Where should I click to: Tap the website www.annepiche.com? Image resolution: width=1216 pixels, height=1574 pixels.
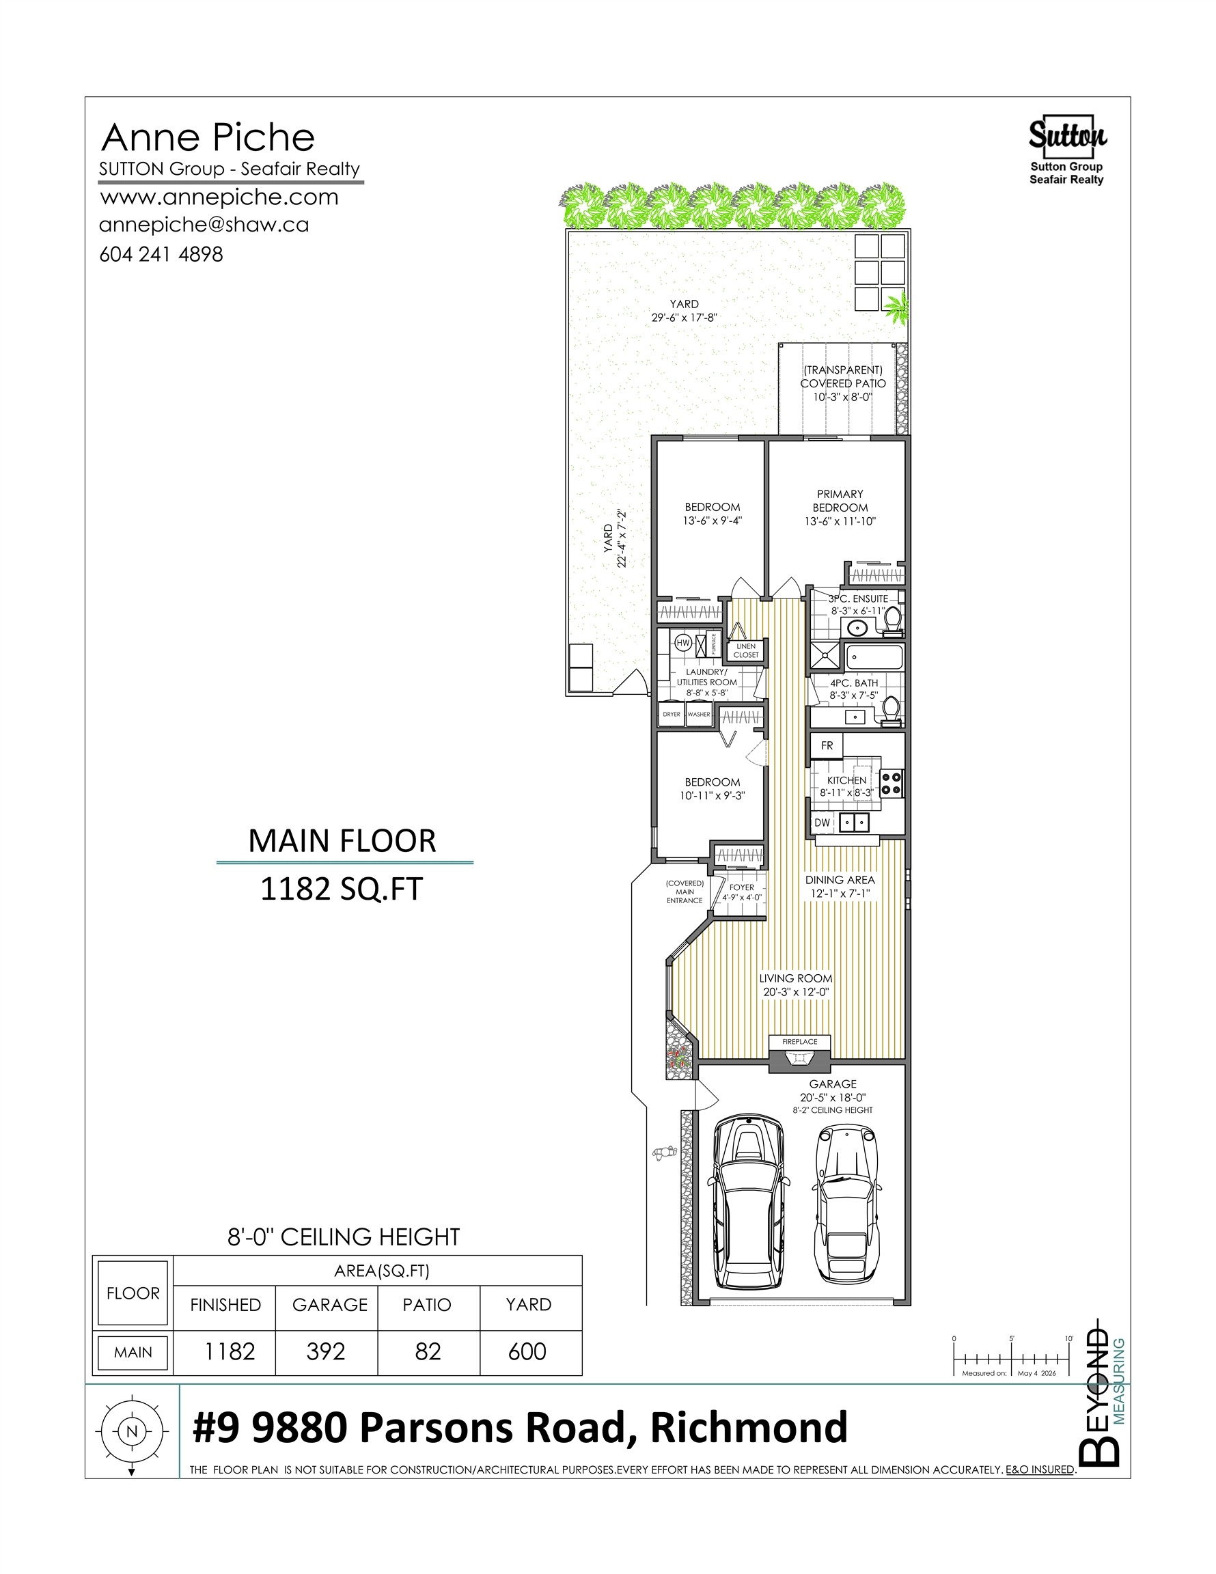tap(219, 197)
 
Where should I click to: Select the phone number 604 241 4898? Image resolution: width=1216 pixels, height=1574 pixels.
tap(161, 254)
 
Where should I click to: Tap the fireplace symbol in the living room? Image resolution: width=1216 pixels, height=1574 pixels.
tap(799, 1061)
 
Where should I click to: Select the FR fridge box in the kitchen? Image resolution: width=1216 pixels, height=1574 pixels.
tap(827, 746)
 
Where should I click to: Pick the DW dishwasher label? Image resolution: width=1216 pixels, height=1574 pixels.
tap(823, 823)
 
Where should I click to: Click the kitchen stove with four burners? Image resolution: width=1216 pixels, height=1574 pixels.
tap(892, 784)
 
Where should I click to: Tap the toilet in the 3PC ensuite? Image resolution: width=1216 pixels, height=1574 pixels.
tap(892, 621)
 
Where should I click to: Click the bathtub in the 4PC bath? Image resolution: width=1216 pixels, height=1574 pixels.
tap(874, 657)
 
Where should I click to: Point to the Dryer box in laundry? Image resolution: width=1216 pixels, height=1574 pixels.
tap(672, 713)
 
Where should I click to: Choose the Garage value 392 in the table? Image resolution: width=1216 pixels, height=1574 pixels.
tap(326, 1351)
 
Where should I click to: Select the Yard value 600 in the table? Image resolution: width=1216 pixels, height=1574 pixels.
tap(527, 1351)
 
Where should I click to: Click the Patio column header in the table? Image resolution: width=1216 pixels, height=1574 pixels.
tap(427, 1304)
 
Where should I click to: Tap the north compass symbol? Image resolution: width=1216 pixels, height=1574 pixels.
tap(131, 1431)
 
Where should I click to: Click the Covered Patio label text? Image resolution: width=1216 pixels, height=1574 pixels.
tap(842, 383)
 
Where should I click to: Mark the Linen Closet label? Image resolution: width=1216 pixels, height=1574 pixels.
tap(746, 651)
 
